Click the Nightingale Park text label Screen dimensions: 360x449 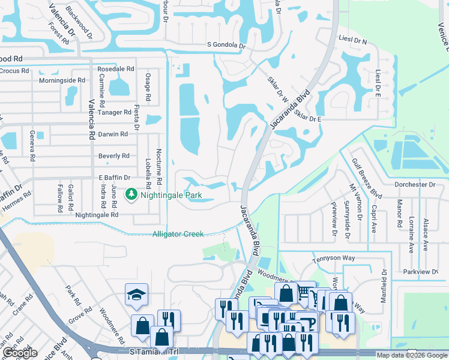click(x=171, y=195)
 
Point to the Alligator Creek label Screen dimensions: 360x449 click(x=178, y=234)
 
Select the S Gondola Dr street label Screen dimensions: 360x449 click(x=226, y=45)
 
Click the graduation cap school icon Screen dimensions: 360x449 click(x=136, y=294)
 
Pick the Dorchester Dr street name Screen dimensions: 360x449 click(x=415, y=184)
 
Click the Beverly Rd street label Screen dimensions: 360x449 click(x=113, y=156)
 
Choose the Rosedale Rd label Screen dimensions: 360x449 click(x=115, y=69)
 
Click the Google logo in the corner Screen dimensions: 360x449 click(x=20, y=353)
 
